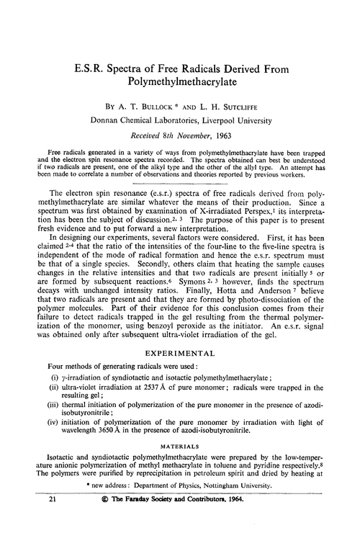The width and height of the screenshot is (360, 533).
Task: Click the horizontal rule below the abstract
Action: point(180,184)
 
